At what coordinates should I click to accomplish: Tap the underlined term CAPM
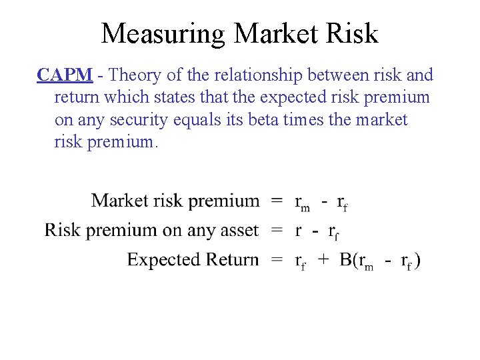point(65,75)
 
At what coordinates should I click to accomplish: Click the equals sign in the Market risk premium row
point(277,201)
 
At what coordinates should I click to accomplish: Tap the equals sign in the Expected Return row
point(277,259)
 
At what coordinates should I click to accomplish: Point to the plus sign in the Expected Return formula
point(323,259)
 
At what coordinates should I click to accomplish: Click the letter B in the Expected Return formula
point(347,259)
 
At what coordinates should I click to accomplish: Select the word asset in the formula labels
point(239,231)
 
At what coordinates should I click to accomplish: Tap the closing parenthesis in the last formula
point(418,260)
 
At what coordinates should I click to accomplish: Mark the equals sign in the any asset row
point(277,231)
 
